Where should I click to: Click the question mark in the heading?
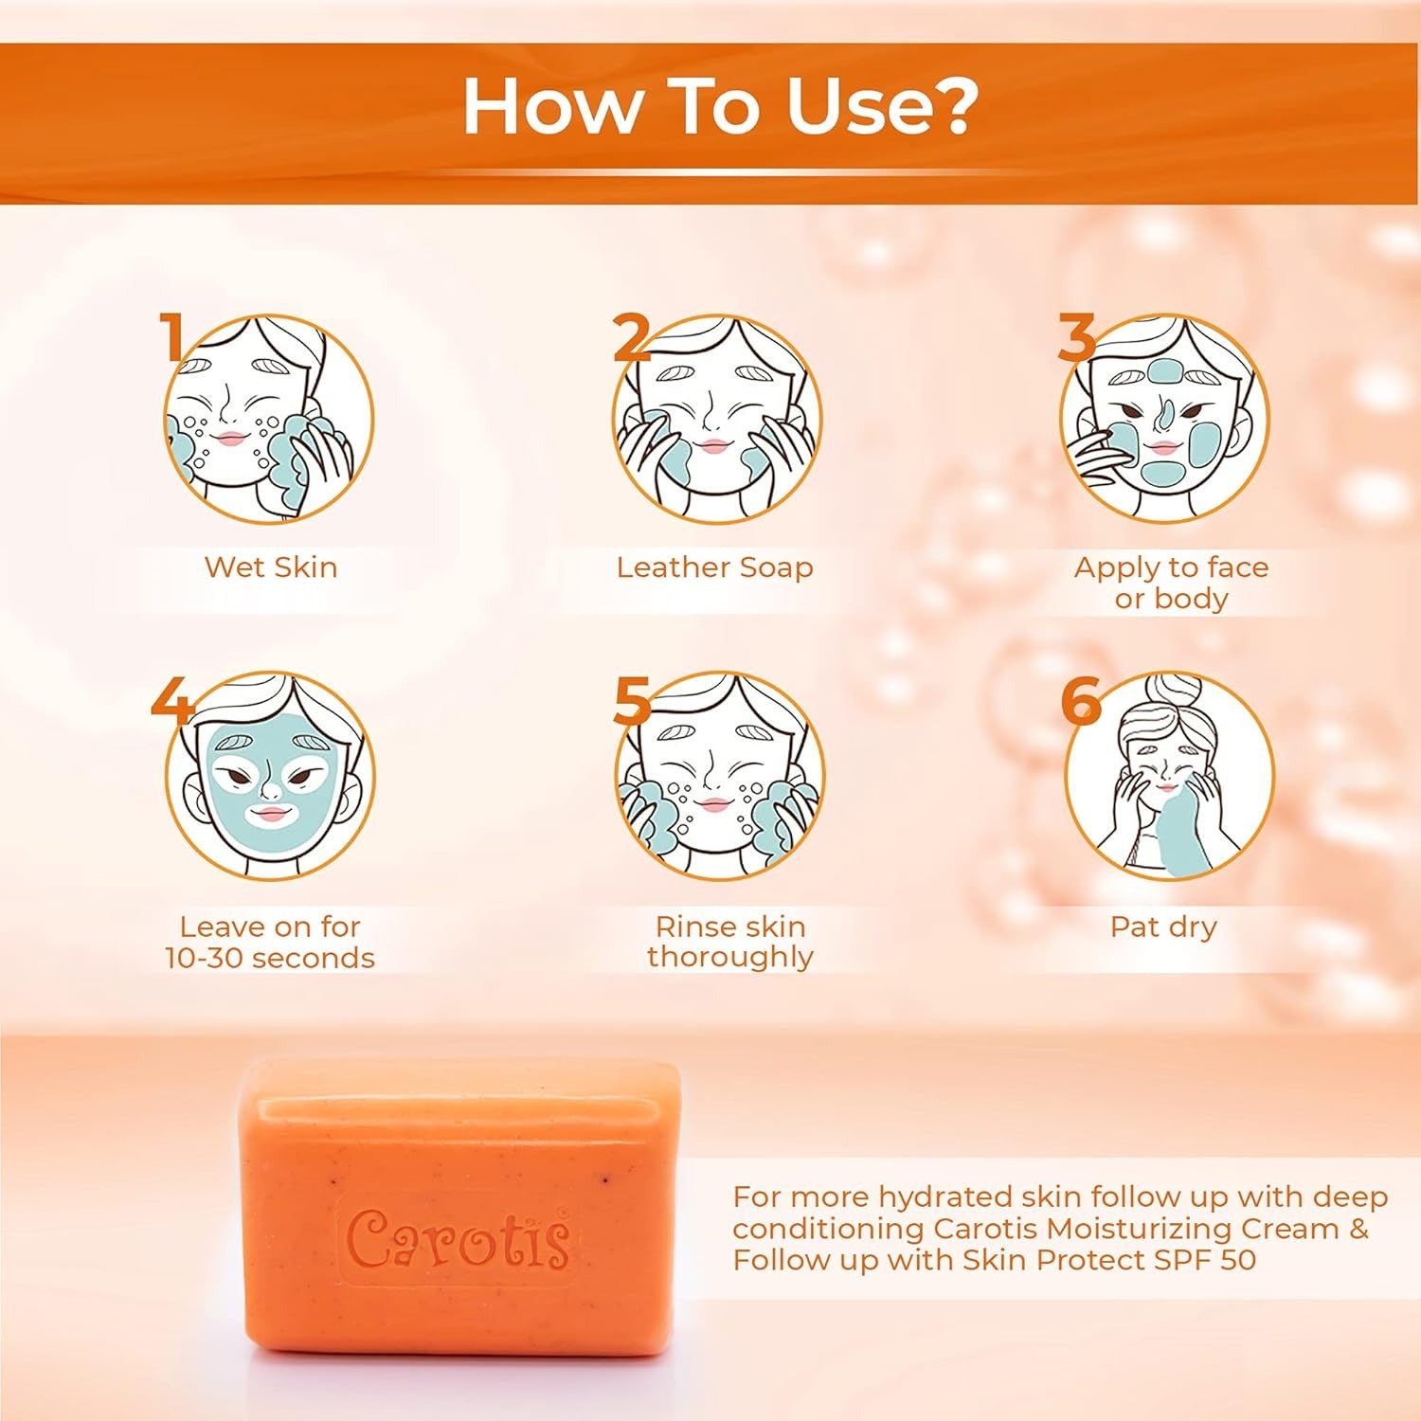click(x=948, y=107)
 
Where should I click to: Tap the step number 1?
click(x=171, y=336)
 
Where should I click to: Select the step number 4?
click(x=171, y=700)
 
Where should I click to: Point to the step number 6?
click(x=1080, y=701)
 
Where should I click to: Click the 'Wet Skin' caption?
click(x=271, y=567)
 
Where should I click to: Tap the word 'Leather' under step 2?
click(x=673, y=567)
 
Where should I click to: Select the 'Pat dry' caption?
click(x=1163, y=926)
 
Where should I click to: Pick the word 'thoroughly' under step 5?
click(x=729, y=958)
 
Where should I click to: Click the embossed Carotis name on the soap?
click(x=459, y=1239)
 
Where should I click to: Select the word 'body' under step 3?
click(x=1191, y=600)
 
